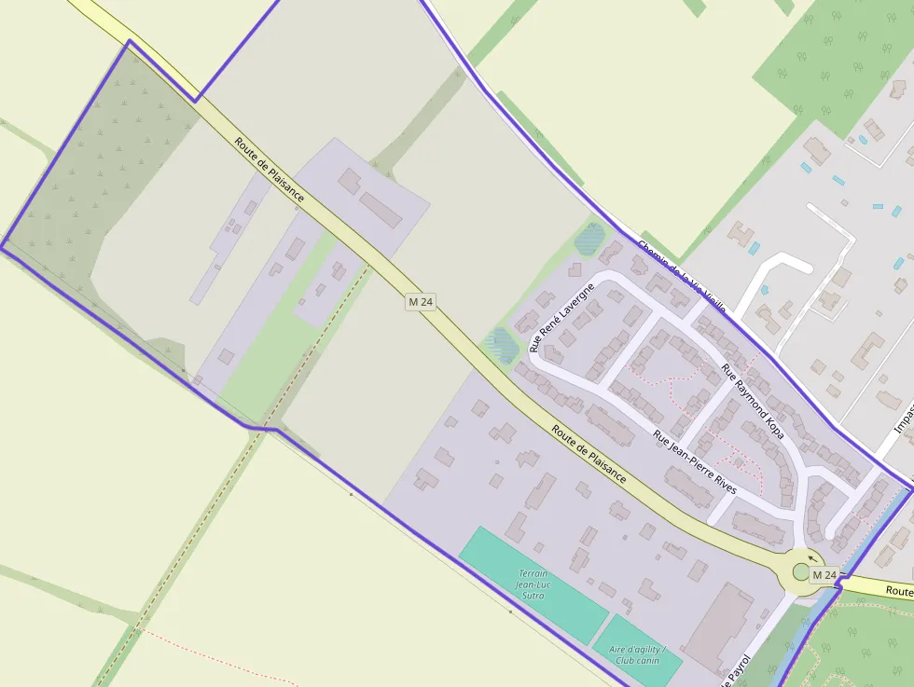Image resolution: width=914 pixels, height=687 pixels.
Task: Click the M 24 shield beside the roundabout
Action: (x=824, y=575)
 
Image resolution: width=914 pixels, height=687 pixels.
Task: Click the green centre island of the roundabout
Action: (x=802, y=571)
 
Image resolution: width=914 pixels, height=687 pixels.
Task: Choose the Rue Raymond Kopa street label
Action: (x=753, y=401)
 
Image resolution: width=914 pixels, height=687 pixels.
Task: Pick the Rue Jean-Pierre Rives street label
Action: (x=695, y=462)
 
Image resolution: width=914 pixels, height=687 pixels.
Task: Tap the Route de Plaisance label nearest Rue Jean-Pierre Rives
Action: (x=589, y=454)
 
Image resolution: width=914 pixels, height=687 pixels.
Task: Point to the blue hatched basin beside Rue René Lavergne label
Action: (x=504, y=344)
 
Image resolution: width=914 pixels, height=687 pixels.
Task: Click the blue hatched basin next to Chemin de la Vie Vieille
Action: (x=590, y=239)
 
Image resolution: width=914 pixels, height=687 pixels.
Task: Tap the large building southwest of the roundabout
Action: (x=718, y=626)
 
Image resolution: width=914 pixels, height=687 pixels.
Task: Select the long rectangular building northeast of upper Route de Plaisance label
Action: (x=381, y=210)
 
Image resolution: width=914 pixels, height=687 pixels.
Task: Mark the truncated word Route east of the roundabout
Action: (x=899, y=590)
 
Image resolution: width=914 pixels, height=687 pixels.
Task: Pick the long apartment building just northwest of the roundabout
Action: (x=757, y=527)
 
